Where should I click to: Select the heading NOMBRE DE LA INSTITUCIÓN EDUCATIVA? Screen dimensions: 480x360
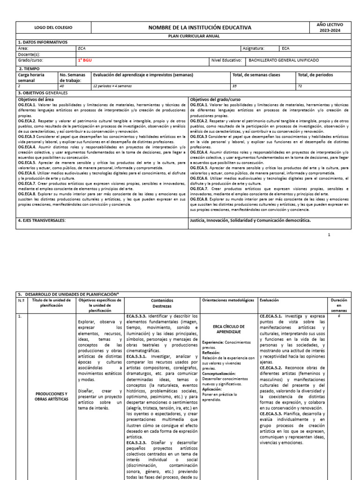tap(200, 28)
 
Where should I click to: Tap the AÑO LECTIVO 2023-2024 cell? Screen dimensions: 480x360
tap(330, 27)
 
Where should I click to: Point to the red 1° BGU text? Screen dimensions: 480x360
tap(85, 60)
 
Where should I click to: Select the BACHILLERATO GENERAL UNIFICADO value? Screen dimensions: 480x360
tap(284, 60)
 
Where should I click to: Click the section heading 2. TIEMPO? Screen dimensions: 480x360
tap(28, 68)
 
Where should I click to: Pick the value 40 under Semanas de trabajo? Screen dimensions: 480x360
tap(61, 86)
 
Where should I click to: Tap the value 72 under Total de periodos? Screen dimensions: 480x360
tap(300, 86)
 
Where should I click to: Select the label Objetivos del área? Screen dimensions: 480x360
tap(36, 99)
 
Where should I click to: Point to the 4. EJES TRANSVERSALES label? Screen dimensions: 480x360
tap(41, 220)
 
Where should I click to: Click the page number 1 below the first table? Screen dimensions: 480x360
tap(329, 234)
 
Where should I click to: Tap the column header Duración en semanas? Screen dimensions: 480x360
tap(338, 305)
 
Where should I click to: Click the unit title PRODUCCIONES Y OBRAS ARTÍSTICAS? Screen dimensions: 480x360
tap(52, 396)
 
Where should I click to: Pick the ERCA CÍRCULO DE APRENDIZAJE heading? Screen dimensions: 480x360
tap(229, 329)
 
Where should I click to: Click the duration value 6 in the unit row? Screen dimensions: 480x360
tap(338, 316)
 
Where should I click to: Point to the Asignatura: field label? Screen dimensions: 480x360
tap(254, 48)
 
